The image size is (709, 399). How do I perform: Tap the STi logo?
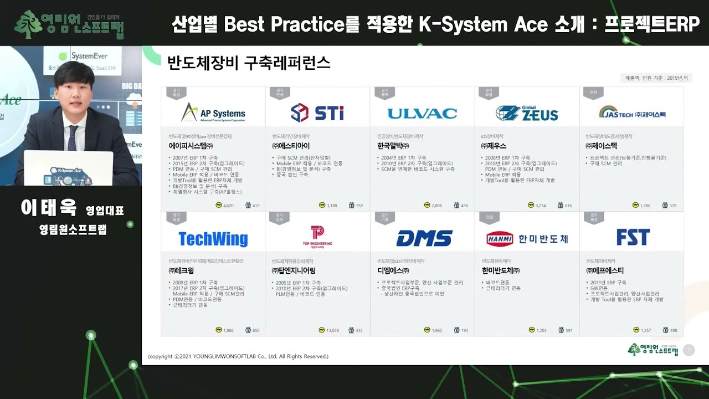click(x=317, y=112)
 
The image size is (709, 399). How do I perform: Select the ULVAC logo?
click(x=422, y=114)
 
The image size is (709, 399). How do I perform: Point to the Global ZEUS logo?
click(x=527, y=113)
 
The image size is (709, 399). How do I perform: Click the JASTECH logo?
click(x=632, y=112)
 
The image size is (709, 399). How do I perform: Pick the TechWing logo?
click(x=213, y=239)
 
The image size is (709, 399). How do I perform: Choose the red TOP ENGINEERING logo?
click(x=317, y=236)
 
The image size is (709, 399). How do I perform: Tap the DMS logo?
click(x=424, y=238)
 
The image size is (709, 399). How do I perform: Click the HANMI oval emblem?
click(x=500, y=239)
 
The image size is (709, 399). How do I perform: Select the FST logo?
click(x=633, y=238)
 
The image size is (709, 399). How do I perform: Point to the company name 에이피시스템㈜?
click(x=191, y=146)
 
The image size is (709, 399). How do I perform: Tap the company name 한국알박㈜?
click(x=393, y=146)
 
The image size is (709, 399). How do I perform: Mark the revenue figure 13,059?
click(x=333, y=330)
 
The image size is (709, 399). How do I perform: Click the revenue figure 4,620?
click(x=228, y=206)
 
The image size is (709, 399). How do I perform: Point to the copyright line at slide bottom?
click(x=238, y=356)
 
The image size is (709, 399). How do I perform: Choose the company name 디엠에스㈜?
click(x=393, y=271)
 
